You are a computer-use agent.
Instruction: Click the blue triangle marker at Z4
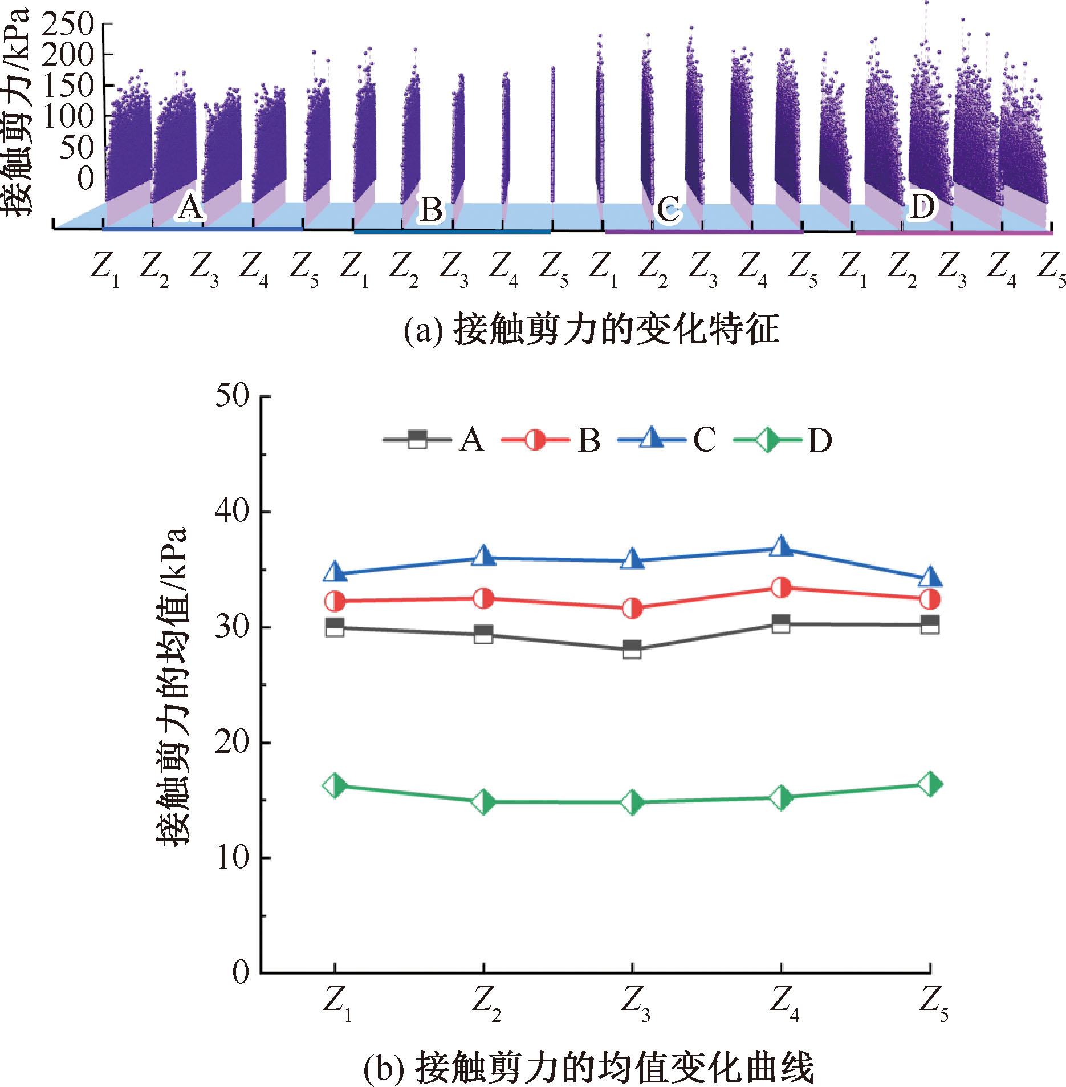pos(781,547)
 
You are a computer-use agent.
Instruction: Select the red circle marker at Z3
pos(632,609)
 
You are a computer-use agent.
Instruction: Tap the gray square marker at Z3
pos(632,649)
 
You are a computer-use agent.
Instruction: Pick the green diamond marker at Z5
pos(930,784)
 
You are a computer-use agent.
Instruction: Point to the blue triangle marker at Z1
pos(335,572)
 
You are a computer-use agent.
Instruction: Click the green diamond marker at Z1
pos(335,786)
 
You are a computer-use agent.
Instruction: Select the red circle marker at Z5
pos(930,599)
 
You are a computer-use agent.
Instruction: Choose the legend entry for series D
pos(782,440)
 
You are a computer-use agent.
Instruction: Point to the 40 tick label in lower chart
pos(232,511)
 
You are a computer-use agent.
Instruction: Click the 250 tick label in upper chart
pos(67,25)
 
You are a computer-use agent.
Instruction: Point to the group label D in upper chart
pos(922,206)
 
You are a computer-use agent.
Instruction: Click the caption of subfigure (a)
pos(591,330)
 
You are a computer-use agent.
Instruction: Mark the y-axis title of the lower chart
pos(171,684)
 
